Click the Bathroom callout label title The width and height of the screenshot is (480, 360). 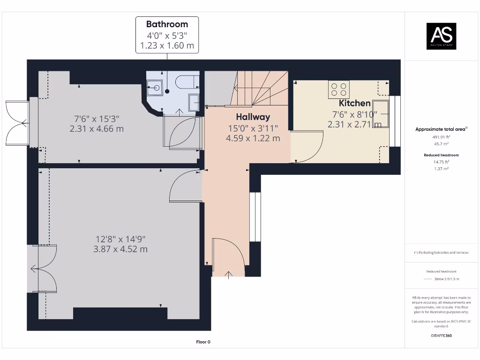tap(167, 24)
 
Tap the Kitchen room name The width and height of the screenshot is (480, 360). tap(355, 103)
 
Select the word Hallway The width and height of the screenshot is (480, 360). tap(253, 117)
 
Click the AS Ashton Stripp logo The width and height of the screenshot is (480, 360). tap(441, 36)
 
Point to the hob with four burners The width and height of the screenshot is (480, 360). tap(339, 90)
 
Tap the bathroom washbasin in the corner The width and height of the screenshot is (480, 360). tap(154, 87)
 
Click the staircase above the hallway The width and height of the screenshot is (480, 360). tap(260, 89)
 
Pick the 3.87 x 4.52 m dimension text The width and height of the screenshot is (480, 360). tap(120, 249)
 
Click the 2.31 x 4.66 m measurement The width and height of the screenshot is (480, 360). tap(97, 129)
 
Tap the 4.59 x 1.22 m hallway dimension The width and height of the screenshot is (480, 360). tap(253, 138)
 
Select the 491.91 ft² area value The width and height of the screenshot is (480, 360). tap(441, 137)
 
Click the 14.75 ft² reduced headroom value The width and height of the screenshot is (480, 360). tap(441, 161)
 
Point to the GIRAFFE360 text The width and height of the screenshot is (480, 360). tap(441, 336)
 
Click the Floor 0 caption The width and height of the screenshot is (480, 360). tap(203, 342)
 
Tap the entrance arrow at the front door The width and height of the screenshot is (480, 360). tap(229, 274)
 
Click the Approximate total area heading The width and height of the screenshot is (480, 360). tap(441, 129)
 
